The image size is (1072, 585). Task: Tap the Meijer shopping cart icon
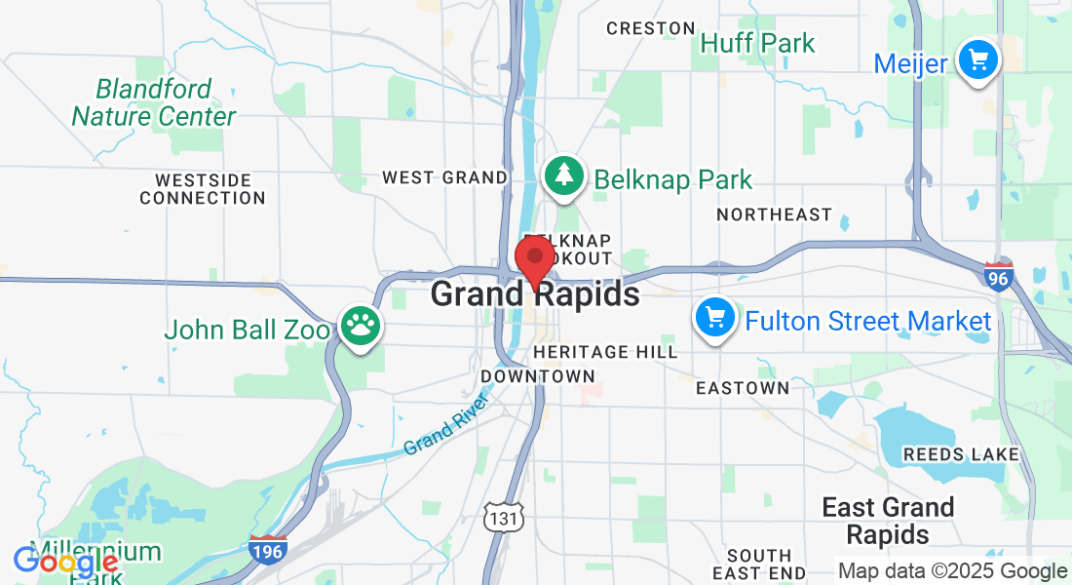pos(976,61)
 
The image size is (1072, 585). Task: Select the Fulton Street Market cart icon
pos(715,318)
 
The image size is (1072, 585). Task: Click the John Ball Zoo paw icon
pos(360,328)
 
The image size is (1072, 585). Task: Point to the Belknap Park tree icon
pos(563,176)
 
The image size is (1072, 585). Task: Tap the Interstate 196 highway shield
pos(267,551)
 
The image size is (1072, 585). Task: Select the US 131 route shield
pos(504,518)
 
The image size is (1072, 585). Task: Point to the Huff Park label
pos(757,43)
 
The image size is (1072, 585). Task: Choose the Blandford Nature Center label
pos(154,102)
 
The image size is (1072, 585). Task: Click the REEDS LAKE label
pos(961,454)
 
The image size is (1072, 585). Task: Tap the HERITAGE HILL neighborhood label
pos(605,352)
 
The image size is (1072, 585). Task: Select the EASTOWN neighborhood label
pos(742,388)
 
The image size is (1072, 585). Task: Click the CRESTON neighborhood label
pos(651,28)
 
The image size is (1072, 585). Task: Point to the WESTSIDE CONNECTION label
pos(202,189)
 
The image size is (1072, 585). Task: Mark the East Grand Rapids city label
pos(888,521)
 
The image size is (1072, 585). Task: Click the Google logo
pos(65,563)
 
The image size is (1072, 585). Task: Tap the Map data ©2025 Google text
pos(952,571)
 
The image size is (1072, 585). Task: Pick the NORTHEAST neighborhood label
pos(774,214)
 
